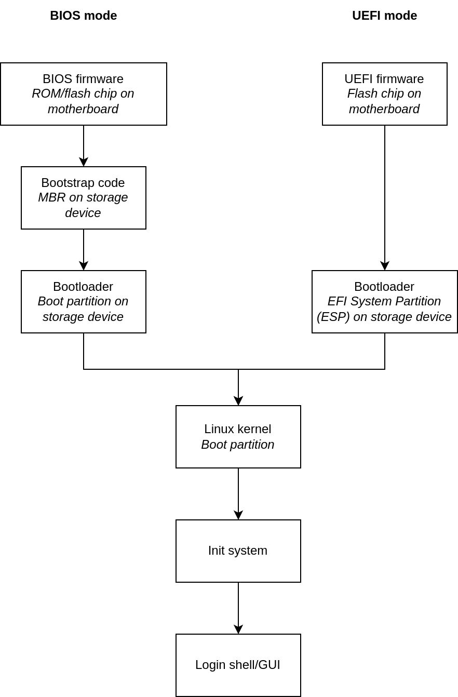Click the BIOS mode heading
point(83,16)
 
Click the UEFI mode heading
point(384,16)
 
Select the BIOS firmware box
point(83,94)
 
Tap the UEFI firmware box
point(384,94)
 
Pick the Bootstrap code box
point(83,198)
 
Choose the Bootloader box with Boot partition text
point(83,302)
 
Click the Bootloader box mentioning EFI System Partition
point(384,302)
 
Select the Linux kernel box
point(238,437)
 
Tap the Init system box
point(238,551)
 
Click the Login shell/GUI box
point(238,665)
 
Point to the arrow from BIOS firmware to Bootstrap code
point(84,145)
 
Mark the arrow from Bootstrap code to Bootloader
point(84,249)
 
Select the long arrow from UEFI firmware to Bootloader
point(385,197)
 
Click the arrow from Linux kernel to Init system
point(238,493)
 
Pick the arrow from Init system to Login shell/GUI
point(238,608)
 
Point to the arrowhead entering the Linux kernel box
point(238,400)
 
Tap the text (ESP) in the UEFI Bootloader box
point(333,317)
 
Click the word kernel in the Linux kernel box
point(254,430)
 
